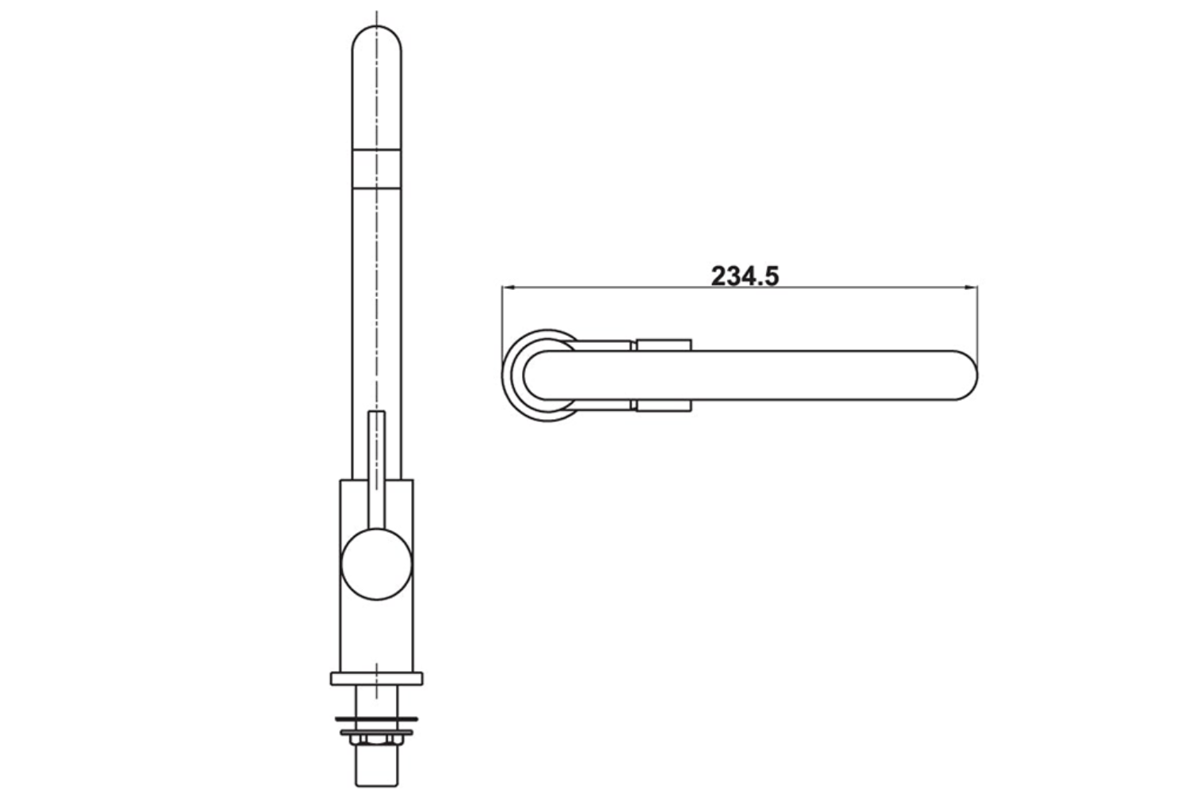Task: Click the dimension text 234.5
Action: click(x=744, y=276)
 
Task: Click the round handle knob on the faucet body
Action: click(x=376, y=563)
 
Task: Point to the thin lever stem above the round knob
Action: click(x=377, y=459)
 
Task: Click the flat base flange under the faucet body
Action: click(x=376, y=678)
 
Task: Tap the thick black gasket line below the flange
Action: click(x=376, y=718)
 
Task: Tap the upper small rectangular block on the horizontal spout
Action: click(x=664, y=345)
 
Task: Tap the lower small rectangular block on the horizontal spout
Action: click(x=664, y=406)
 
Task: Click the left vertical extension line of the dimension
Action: click(x=502, y=317)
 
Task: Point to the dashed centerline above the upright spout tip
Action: click(x=376, y=17)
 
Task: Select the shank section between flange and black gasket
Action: click(x=376, y=700)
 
